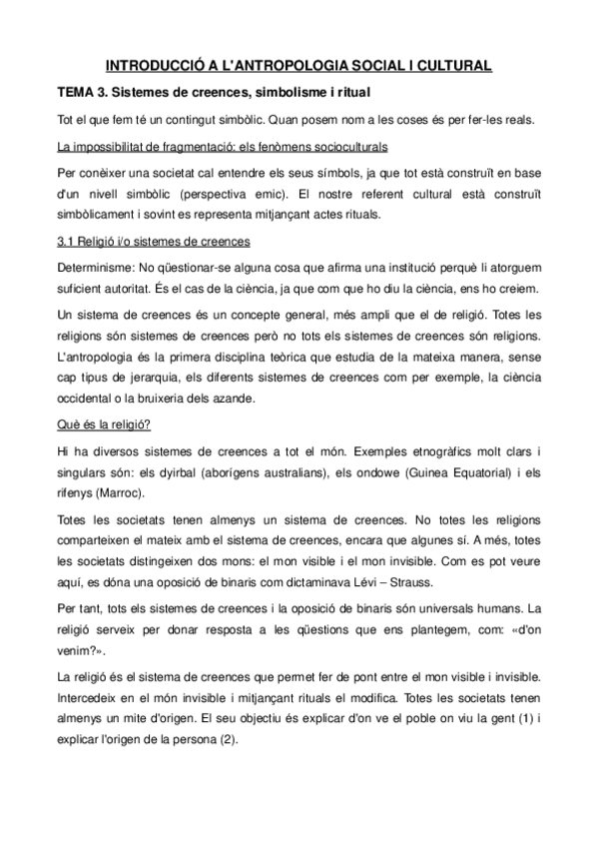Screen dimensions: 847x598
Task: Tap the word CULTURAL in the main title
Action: click(449, 67)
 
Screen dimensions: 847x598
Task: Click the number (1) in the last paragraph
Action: click(510, 719)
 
